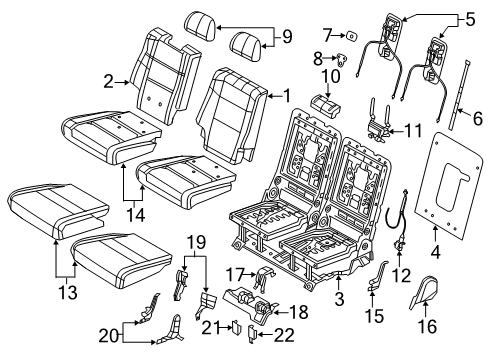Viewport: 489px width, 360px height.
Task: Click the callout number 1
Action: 289,97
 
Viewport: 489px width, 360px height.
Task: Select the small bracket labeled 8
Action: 348,61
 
